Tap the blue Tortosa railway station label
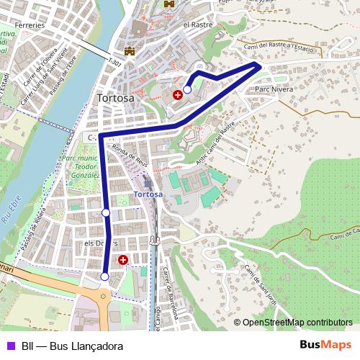pos(148,194)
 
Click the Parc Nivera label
pos(273,90)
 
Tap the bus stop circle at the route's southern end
pos(105,276)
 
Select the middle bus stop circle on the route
pos(106,212)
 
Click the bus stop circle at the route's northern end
pos(187,90)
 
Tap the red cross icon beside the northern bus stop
pos(177,94)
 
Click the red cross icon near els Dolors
pos(123,259)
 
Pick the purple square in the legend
pos(10,346)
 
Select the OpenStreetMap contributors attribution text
pos(293,323)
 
